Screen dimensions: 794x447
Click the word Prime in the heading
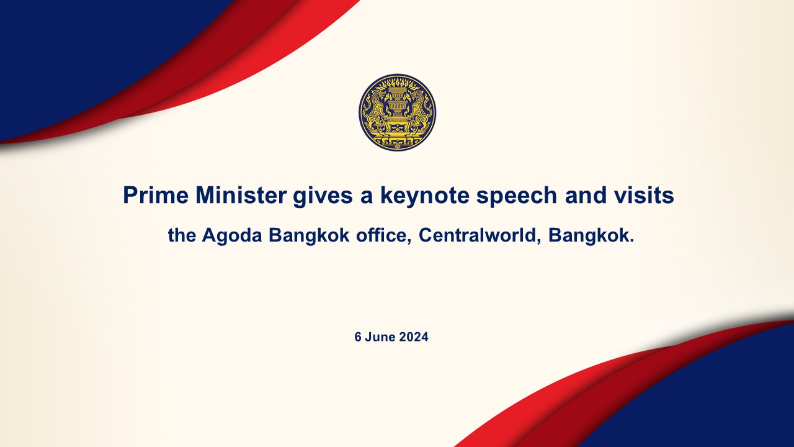pyautogui.click(x=156, y=195)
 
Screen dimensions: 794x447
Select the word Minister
pyautogui.click(x=241, y=195)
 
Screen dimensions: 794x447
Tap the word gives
pyautogui.click(x=323, y=197)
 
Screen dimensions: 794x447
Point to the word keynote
pyautogui.click(x=425, y=197)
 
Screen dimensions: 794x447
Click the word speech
pyautogui.click(x=517, y=197)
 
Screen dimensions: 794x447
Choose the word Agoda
pyautogui.click(x=232, y=235)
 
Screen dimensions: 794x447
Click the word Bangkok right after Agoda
pyautogui.click(x=309, y=235)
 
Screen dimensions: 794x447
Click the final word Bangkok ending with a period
pyautogui.click(x=591, y=235)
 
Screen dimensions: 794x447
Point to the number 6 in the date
pyautogui.click(x=358, y=336)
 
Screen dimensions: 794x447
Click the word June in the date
pyautogui.click(x=380, y=336)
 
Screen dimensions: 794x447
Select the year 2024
pyautogui.click(x=414, y=336)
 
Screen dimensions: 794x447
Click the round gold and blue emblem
pyautogui.click(x=398, y=113)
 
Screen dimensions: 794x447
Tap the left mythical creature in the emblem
pyautogui.click(x=377, y=110)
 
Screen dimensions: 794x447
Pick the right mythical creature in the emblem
pyautogui.click(x=418, y=110)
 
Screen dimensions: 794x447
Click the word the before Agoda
pyautogui.click(x=182, y=235)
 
